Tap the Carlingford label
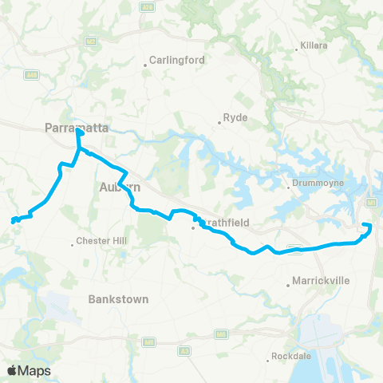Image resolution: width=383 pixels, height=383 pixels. point(177,60)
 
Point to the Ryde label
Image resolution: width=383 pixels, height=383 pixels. point(237,117)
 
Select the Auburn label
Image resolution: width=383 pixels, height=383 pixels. point(120,187)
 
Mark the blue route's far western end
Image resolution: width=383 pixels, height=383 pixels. point(13,221)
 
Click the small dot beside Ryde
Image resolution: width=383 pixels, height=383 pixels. point(220,123)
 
